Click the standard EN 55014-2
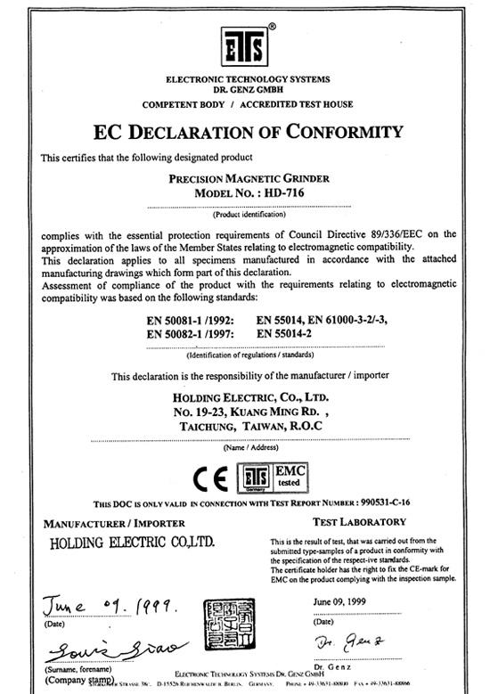click(x=290, y=332)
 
